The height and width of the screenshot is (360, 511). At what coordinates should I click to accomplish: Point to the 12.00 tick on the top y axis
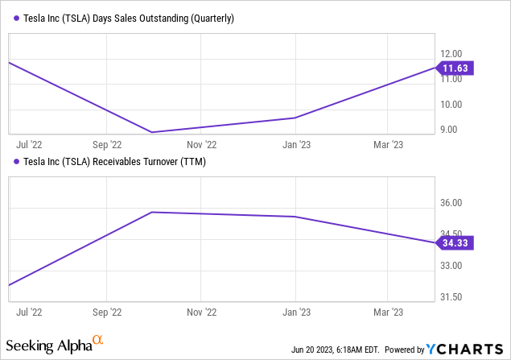(x=453, y=54)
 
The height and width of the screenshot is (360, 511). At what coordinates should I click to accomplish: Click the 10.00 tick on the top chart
(x=453, y=104)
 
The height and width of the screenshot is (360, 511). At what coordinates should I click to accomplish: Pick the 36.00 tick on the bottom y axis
(x=453, y=203)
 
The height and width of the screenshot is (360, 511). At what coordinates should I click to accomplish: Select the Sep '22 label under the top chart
(x=107, y=145)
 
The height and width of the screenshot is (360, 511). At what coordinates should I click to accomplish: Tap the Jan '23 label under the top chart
(x=296, y=145)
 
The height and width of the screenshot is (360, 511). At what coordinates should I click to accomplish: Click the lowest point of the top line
(x=152, y=132)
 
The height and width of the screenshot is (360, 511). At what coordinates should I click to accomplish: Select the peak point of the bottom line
(x=152, y=212)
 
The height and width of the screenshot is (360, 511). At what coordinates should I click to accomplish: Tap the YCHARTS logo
(x=467, y=350)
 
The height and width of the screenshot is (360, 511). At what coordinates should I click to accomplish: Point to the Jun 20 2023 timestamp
(x=337, y=350)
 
